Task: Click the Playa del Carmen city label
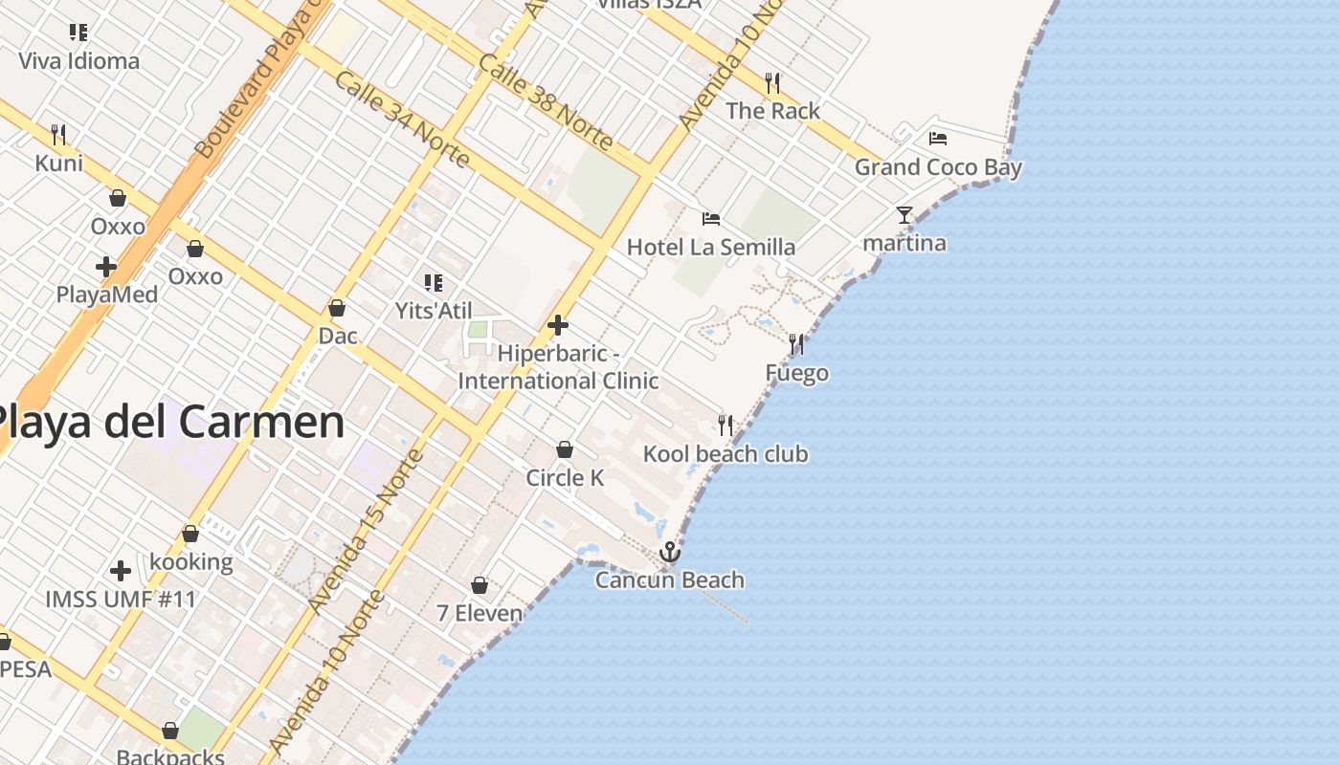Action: (168, 422)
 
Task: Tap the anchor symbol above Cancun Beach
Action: (670, 552)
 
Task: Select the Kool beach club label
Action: (726, 453)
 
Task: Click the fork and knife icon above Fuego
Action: (796, 343)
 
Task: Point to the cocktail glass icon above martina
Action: (904, 214)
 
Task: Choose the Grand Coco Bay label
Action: (938, 167)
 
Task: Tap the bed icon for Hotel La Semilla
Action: (710, 219)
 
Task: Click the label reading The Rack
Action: (772, 111)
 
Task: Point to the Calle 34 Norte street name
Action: (402, 119)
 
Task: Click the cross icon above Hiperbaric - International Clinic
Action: (558, 325)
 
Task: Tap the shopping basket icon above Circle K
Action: (565, 449)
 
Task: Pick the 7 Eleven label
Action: (480, 613)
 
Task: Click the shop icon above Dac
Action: (337, 308)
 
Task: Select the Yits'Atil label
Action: (434, 311)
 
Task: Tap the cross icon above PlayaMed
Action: (106, 267)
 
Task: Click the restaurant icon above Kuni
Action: (58, 134)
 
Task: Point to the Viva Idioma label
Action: (78, 61)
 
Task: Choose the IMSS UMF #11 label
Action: (121, 600)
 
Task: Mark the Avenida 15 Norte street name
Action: (368, 530)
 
